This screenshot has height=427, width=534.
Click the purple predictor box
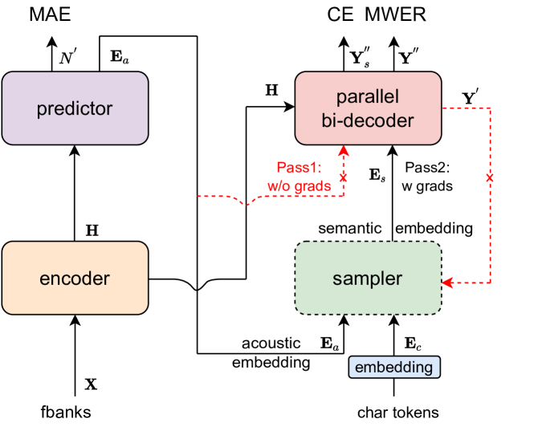coord(75,109)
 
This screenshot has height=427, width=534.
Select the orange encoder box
coord(75,279)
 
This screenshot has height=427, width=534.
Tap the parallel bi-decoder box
coord(368,109)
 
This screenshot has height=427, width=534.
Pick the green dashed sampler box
coord(368,279)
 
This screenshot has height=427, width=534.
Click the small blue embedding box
coord(394,367)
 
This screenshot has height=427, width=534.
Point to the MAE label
coord(29,14)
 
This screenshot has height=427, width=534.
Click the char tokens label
coord(398,413)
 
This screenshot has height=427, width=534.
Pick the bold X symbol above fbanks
coord(91,384)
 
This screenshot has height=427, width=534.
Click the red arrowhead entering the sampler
coord(447,283)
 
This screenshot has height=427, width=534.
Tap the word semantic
coord(351,228)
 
